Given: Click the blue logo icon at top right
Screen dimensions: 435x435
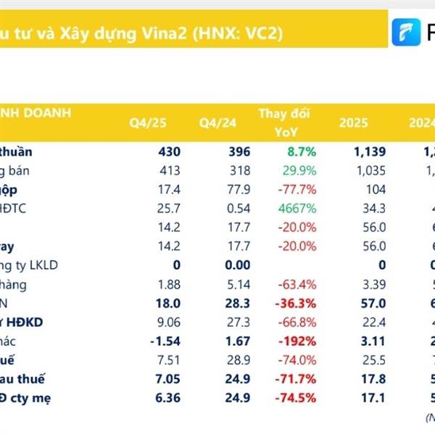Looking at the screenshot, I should click(x=406, y=32).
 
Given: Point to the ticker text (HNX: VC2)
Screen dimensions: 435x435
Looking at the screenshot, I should click(x=240, y=33).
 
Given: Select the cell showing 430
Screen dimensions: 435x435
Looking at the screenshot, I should click(x=167, y=152).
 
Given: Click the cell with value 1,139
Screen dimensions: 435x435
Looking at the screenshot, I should click(x=368, y=152).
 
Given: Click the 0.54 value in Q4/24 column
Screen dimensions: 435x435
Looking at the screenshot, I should click(x=237, y=209).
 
